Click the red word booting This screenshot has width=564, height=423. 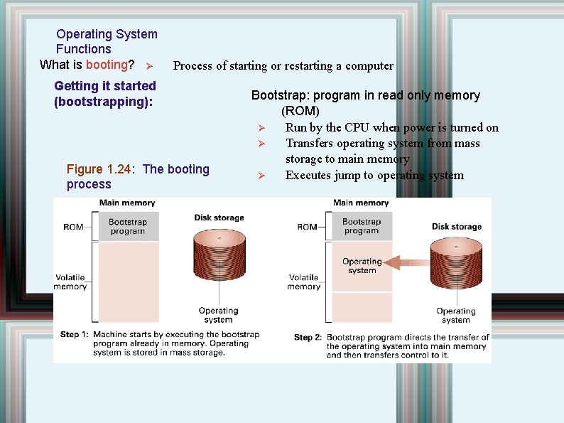(106, 65)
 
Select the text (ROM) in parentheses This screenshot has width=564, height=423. (300, 111)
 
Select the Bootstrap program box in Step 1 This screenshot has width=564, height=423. (128, 226)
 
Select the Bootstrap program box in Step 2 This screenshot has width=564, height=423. (362, 226)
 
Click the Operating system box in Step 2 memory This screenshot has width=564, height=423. (362, 266)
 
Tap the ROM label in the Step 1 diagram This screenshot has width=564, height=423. (73, 227)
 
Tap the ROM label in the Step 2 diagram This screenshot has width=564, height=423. (307, 227)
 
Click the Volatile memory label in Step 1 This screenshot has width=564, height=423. (70, 282)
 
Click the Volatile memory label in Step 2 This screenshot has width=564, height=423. (304, 282)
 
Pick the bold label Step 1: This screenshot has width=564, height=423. (75, 334)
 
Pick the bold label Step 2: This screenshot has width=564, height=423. (308, 337)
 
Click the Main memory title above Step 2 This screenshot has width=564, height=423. (361, 203)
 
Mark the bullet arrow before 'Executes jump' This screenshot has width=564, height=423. (261, 176)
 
